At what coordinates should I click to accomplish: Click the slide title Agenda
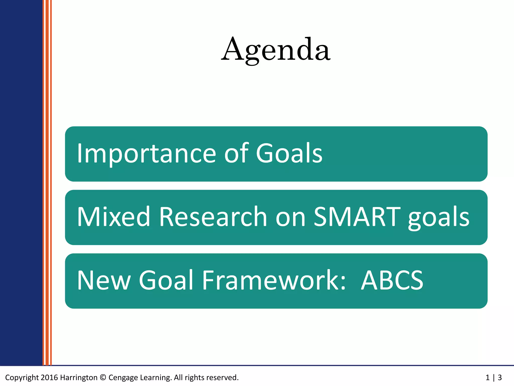(276, 50)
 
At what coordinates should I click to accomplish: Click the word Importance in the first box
(146, 153)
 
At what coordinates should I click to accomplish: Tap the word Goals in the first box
(289, 153)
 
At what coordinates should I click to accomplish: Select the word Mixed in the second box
(113, 217)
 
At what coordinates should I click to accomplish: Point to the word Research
(213, 217)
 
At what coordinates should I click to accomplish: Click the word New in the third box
(104, 280)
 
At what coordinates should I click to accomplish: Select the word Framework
(274, 280)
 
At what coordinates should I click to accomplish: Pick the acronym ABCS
(392, 280)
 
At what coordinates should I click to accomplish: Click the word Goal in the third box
(166, 280)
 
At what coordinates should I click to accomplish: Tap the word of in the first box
(236, 153)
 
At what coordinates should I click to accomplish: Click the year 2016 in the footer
(49, 377)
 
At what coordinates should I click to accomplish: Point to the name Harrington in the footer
(79, 377)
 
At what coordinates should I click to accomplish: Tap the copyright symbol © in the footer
(103, 377)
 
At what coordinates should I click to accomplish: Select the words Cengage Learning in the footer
(140, 377)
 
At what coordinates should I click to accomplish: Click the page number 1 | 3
(493, 377)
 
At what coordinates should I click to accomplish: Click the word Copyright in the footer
(22, 377)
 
